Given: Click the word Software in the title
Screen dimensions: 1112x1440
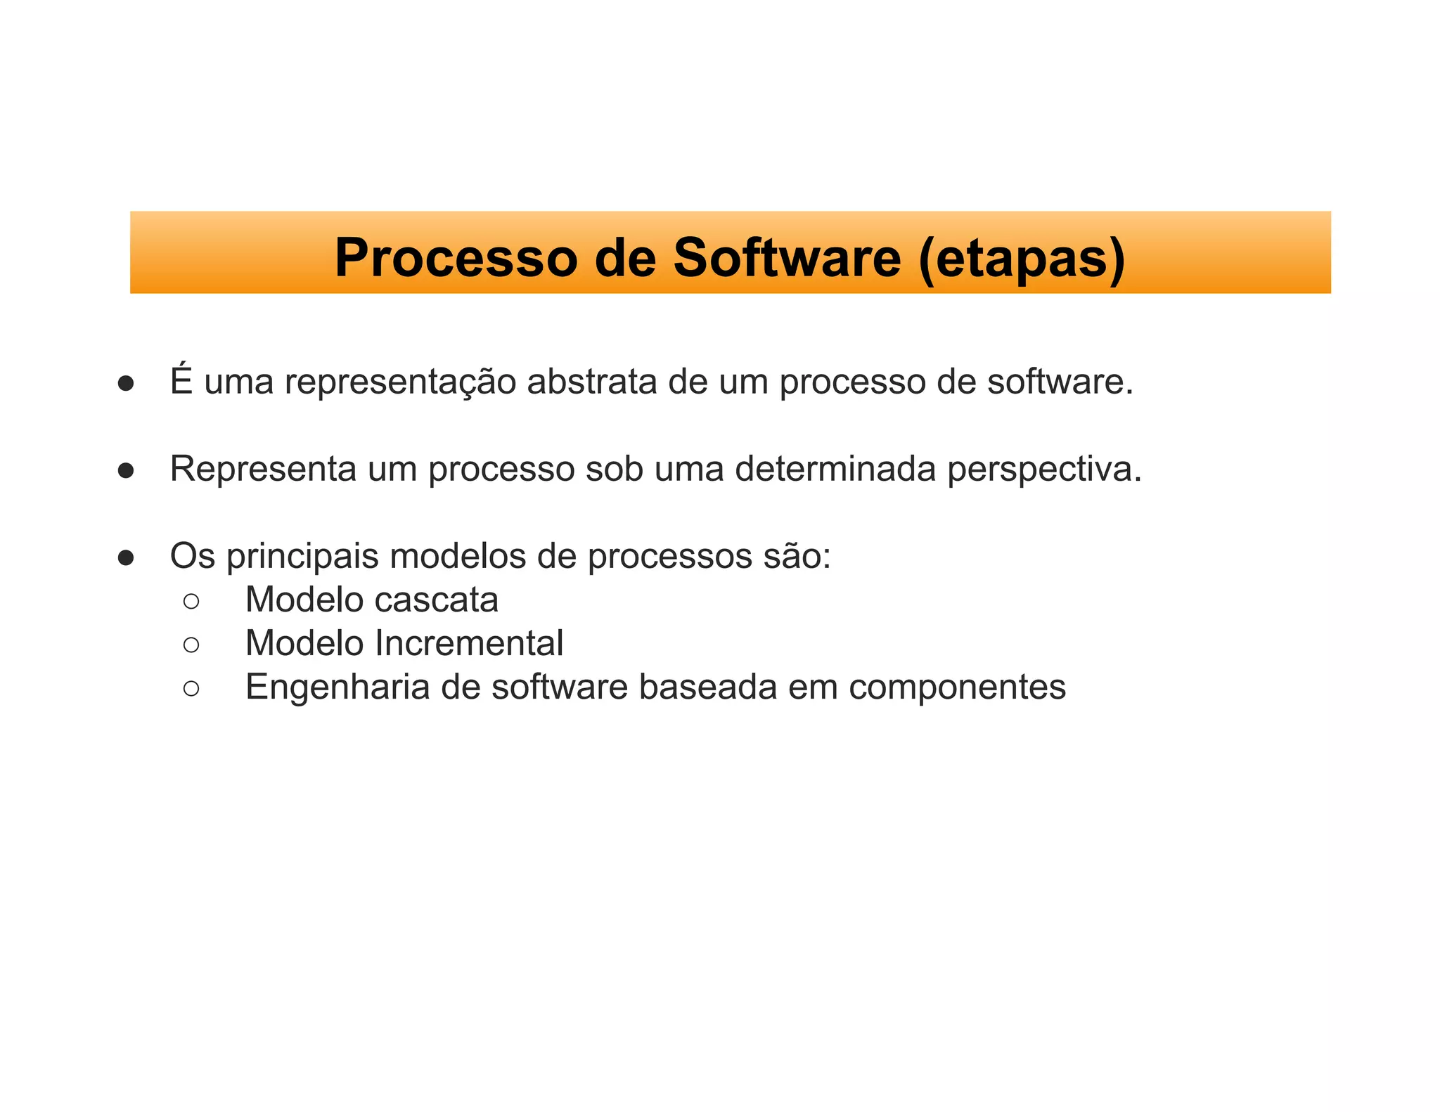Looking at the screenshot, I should tap(787, 258).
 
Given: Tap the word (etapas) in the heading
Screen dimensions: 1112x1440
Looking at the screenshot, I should tap(1022, 258).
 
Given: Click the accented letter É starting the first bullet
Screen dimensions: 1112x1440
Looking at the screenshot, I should tap(181, 380).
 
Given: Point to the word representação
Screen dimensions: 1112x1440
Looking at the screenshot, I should tap(400, 383).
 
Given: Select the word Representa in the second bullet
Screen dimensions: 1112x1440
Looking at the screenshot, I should tap(263, 469).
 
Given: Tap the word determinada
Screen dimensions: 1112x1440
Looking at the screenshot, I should tap(835, 469).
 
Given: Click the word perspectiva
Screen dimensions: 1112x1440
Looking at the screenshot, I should tap(1043, 470).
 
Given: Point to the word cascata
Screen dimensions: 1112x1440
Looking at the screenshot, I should tap(436, 600).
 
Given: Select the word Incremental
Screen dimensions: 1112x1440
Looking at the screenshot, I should tap(468, 643).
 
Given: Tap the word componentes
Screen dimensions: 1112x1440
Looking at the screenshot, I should tap(957, 687).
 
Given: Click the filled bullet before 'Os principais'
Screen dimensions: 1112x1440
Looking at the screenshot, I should tap(126, 558).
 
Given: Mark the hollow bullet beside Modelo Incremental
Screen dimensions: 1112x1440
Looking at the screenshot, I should tap(191, 645).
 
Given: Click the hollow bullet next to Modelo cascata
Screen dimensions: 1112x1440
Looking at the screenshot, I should tap(191, 601).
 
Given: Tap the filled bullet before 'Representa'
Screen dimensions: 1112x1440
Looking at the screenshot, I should tap(126, 471).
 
